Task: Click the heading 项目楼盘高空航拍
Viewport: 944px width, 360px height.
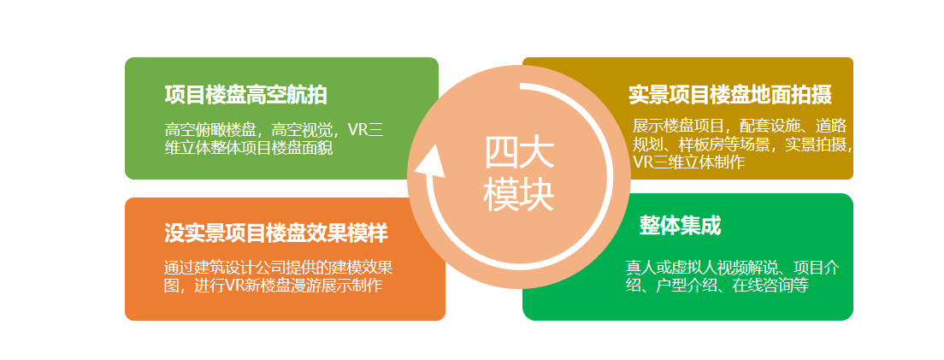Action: [245, 95]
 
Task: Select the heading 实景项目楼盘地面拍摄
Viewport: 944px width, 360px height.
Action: [729, 95]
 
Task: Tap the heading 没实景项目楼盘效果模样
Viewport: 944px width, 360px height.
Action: [275, 233]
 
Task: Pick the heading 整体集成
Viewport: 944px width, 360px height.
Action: [680, 226]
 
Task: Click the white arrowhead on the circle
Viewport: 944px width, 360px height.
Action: [429, 162]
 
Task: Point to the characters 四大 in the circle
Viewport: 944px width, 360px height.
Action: [519, 154]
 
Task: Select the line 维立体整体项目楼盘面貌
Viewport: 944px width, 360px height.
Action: [249, 148]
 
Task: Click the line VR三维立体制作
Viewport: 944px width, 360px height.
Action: [688, 162]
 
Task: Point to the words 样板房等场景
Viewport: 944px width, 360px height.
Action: [723, 144]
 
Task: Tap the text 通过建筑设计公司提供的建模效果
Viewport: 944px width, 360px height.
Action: [278, 267]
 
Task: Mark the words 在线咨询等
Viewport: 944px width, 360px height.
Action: [770, 286]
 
